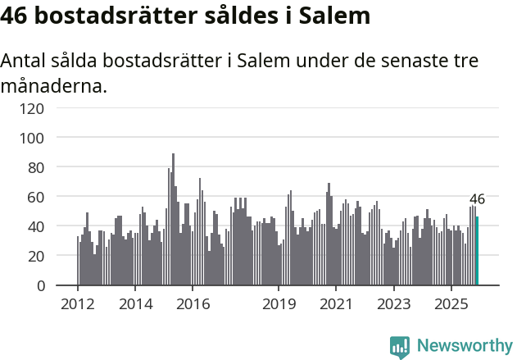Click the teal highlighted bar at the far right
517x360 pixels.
click(477, 251)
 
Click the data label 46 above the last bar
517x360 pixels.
click(477, 199)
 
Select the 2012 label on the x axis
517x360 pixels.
click(78, 303)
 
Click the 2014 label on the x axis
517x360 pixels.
click(135, 303)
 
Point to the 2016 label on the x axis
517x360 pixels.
click(193, 303)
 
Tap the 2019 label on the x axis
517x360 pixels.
click(279, 303)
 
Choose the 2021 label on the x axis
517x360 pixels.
click(336, 303)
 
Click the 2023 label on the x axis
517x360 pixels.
click(393, 303)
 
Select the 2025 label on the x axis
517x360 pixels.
click(451, 303)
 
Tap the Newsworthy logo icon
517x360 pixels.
click(400, 346)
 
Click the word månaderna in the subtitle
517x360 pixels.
click(54, 85)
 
